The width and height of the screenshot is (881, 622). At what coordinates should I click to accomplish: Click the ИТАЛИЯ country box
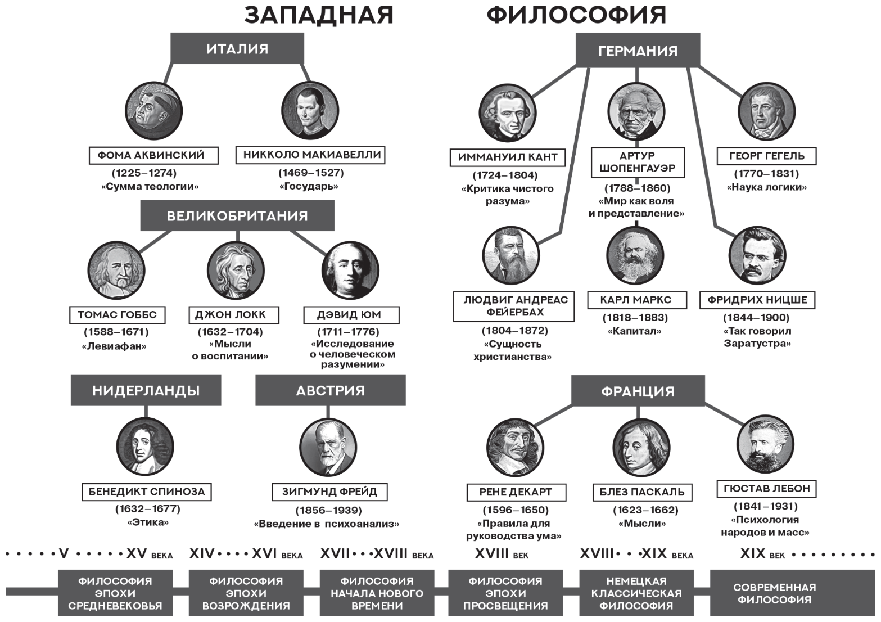point(237,48)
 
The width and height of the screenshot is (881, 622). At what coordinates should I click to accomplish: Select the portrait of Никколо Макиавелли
point(310,110)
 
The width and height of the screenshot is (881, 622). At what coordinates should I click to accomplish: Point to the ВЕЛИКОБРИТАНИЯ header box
point(237,215)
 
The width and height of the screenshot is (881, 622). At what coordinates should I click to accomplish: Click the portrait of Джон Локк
point(236,270)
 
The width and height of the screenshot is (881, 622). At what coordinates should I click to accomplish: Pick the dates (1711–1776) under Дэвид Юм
point(349,332)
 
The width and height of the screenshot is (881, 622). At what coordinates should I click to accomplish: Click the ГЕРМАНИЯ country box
point(638,51)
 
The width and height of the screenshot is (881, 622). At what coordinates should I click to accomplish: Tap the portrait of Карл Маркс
point(635,256)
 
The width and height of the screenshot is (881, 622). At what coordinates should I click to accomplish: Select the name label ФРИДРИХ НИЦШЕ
point(757,300)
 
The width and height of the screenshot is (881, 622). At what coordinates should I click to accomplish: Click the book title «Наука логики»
point(766,187)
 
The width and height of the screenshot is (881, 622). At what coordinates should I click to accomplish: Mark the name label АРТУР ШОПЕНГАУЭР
point(638,162)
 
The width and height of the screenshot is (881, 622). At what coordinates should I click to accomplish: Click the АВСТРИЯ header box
point(331,390)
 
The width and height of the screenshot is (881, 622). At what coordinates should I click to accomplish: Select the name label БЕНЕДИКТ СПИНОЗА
point(147,492)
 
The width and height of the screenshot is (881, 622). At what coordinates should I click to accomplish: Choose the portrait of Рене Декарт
point(515,447)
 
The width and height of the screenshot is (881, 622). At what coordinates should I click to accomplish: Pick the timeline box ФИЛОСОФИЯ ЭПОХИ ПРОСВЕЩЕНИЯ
point(505,593)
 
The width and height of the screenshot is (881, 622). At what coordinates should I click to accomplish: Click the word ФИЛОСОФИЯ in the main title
point(576,15)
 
